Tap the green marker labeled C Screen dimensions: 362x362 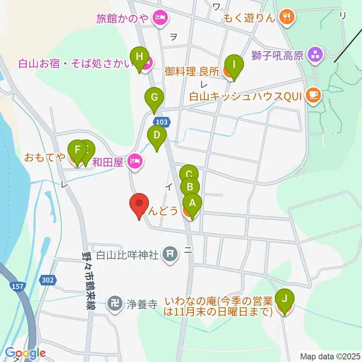point(189,174)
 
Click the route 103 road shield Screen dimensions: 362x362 point(161,122)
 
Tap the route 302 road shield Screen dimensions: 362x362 point(48,280)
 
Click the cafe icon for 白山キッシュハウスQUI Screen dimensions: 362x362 point(313,96)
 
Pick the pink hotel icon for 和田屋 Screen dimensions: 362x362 point(135,163)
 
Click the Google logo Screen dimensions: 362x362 point(25,353)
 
